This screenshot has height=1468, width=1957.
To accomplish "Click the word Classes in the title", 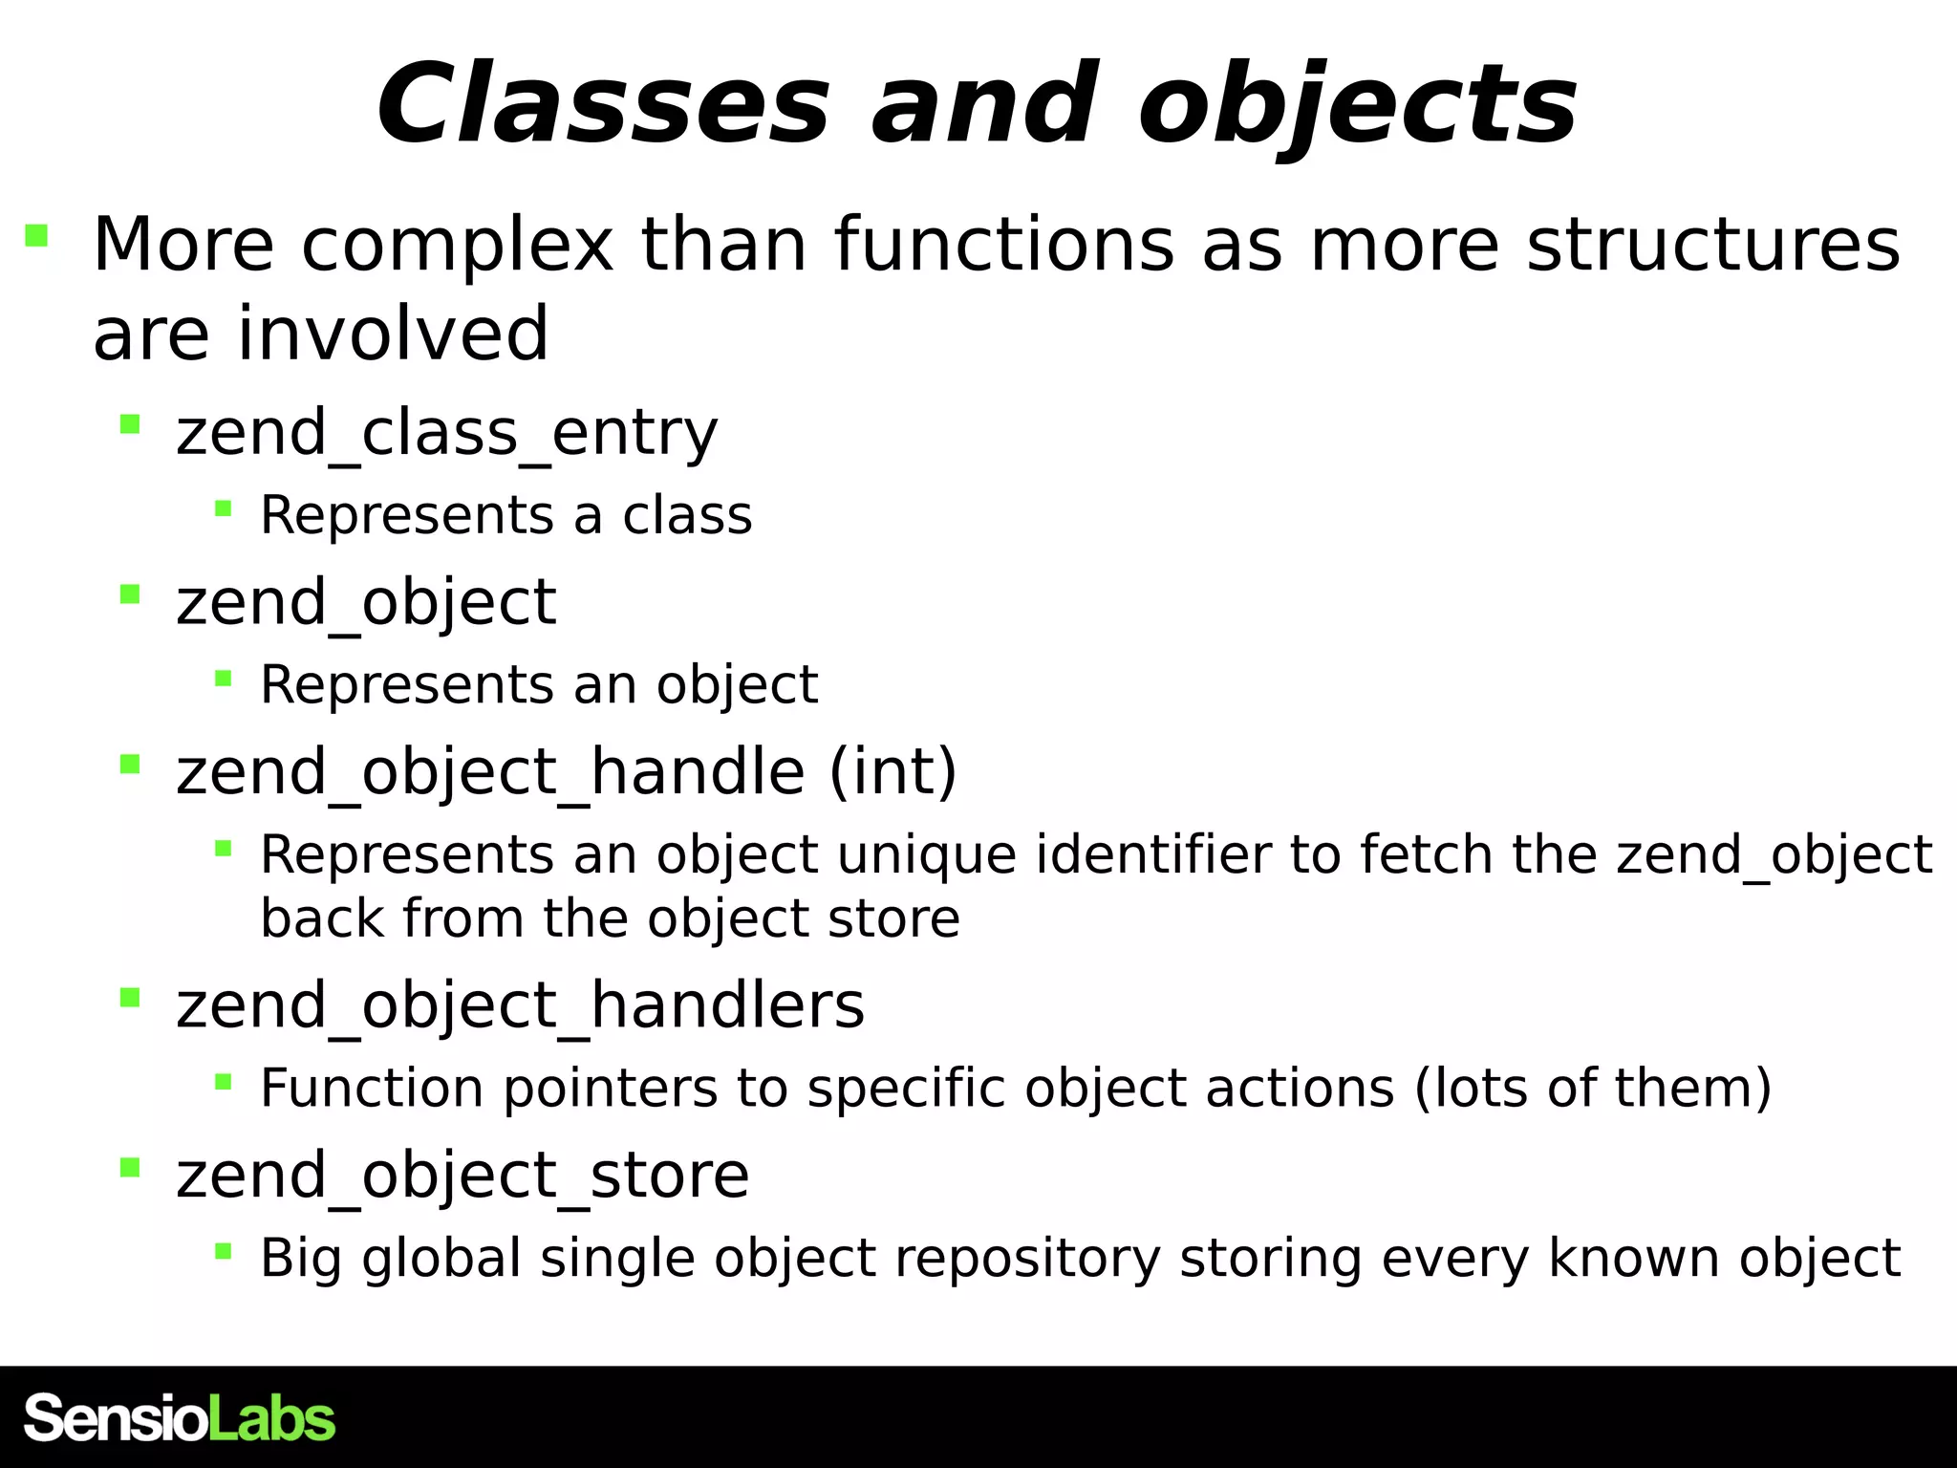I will tap(603, 104).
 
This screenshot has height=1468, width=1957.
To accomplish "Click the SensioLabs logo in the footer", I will tap(180, 1417).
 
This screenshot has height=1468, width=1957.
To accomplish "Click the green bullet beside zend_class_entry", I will tap(130, 423).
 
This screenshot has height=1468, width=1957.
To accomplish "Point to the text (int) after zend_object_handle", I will tap(892, 771).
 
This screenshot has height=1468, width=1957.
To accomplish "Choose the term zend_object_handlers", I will tap(520, 1005).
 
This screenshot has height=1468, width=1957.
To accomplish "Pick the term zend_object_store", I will tap(462, 1175).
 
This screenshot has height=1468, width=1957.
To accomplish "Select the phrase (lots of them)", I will tap(1592, 1088).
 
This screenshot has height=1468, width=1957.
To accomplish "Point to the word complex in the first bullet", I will tap(458, 245).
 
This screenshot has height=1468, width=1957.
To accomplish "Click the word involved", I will tap(393, 334).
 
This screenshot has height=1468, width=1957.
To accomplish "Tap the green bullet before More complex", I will tap(36, 235).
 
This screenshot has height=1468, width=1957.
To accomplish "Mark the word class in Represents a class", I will tap(687, 515).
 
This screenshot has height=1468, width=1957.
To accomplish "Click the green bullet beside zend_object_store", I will tap(130, 1166).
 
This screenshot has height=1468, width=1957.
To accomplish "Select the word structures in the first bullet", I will tap(1713, 245).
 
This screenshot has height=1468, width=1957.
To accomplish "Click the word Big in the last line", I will tap(301, 1258).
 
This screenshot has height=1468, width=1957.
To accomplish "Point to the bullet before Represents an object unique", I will tap(224, 848).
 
